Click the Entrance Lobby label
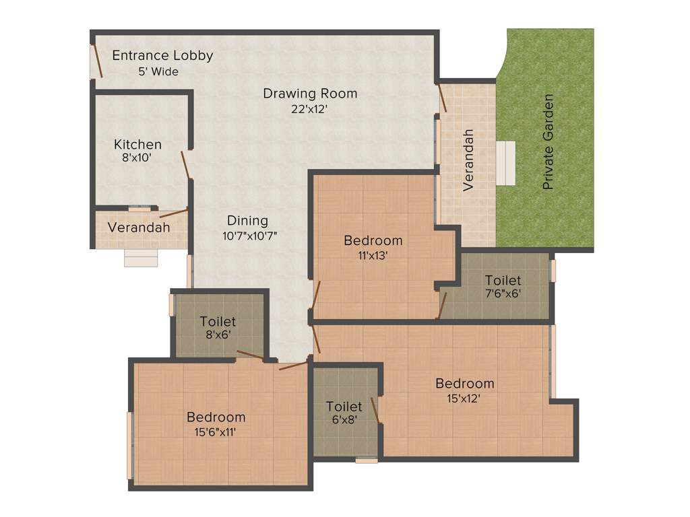click(162, 55)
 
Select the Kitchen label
click(137, 144)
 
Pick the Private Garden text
click(548, 141)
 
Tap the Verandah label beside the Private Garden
click(469, 160)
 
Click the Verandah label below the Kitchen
click(139, 228)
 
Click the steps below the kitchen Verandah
click(141, 258)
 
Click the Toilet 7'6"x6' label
click(503, 280)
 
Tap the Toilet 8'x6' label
click(218, 322)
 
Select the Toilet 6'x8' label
click(344, 407)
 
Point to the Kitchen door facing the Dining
click(186, 165)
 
